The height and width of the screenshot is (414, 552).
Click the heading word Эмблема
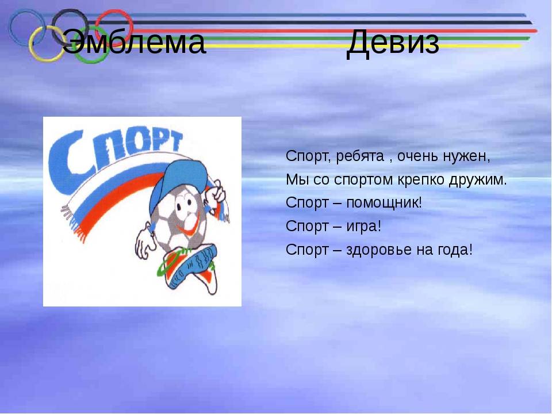[x=134, y=42]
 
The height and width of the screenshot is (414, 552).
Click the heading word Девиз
[x=393, y=43]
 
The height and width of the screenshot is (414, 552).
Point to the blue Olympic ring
[x=12, y=28]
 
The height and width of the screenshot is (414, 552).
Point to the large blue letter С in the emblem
[x=63, y=166]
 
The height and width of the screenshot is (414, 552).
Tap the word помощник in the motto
[x=384, y=203]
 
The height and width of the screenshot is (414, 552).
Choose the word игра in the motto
[x=363, y=227]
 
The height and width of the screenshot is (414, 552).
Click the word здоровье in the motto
[x=379, y=250]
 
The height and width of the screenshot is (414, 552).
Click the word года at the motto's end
[x=455, y=250]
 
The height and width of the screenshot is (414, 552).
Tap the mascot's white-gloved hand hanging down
[x=145, y=243]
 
